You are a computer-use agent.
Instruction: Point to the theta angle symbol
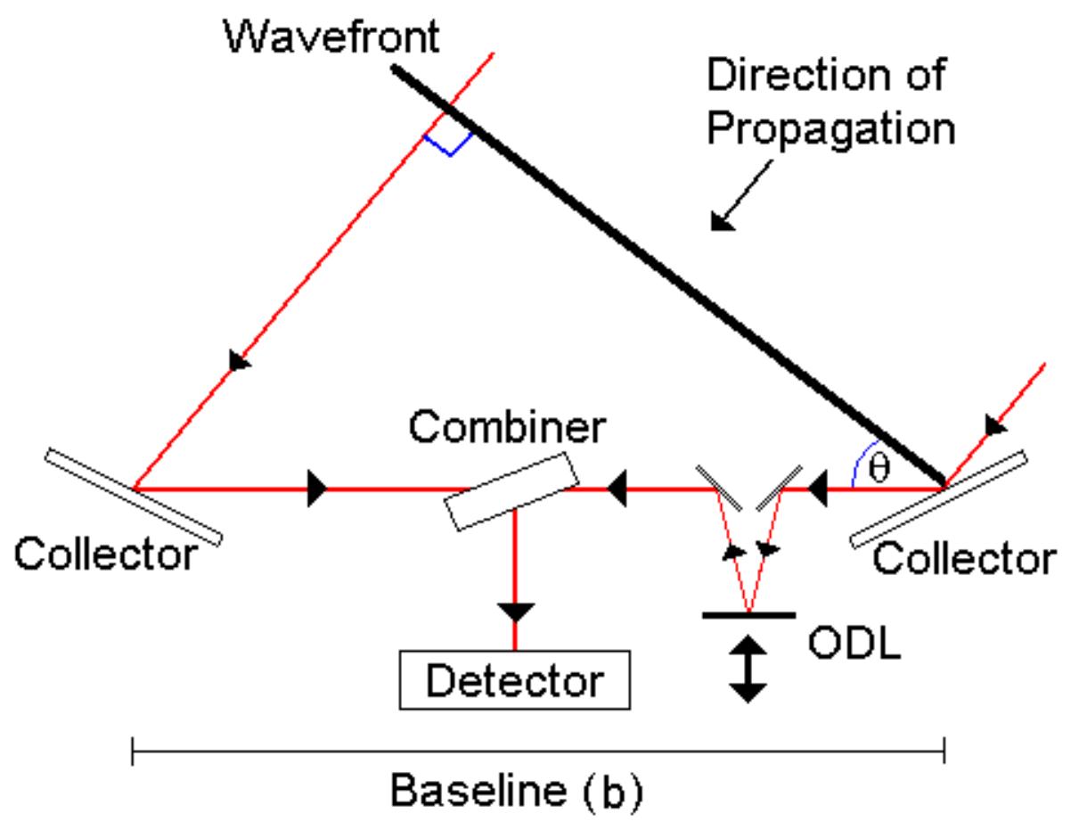(x=879, y=469)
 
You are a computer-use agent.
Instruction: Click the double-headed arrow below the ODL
(x=748, y=669)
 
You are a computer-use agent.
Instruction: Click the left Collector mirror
(x=132, y=496)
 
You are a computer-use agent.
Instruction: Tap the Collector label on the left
(x=104, y=555)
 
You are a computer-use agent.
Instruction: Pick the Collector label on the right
(x=962, y=558)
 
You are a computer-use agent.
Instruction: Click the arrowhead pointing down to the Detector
(x=514, y=611)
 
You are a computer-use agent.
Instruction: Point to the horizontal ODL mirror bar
(x=748, y=614)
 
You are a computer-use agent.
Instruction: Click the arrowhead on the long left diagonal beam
(x=239, y=359)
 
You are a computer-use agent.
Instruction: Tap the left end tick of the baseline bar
(x=133, y=752)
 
